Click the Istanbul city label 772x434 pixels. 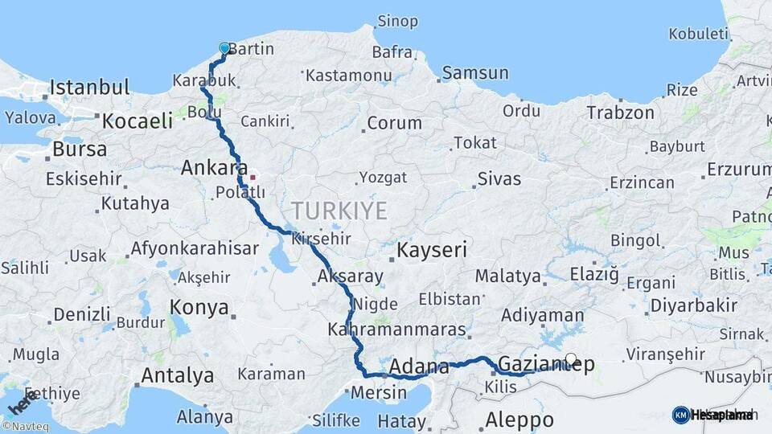coord(89,87)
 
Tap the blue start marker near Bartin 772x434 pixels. coord(224,49)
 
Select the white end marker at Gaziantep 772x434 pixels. coord(571,359)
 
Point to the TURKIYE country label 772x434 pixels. coord(339,211)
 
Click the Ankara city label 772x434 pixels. coord(214,168)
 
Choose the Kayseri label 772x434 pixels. coord(432,250)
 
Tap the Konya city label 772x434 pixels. coord(199,308)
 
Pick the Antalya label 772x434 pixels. coord(177,375)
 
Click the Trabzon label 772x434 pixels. coord(620,113)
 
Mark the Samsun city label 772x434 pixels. coord(476,73)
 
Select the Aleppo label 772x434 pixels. coord(519,420)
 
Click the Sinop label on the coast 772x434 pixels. coord(398,21)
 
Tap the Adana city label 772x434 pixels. coord(419,368)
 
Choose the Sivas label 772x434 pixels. coord(499,179)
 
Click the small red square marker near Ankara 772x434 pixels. coord(253,176)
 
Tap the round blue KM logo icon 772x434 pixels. coord(680,415)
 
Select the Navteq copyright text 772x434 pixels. coord(25,427)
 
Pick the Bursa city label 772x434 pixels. coord(79,149)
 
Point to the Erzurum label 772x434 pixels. coord(738,170)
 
